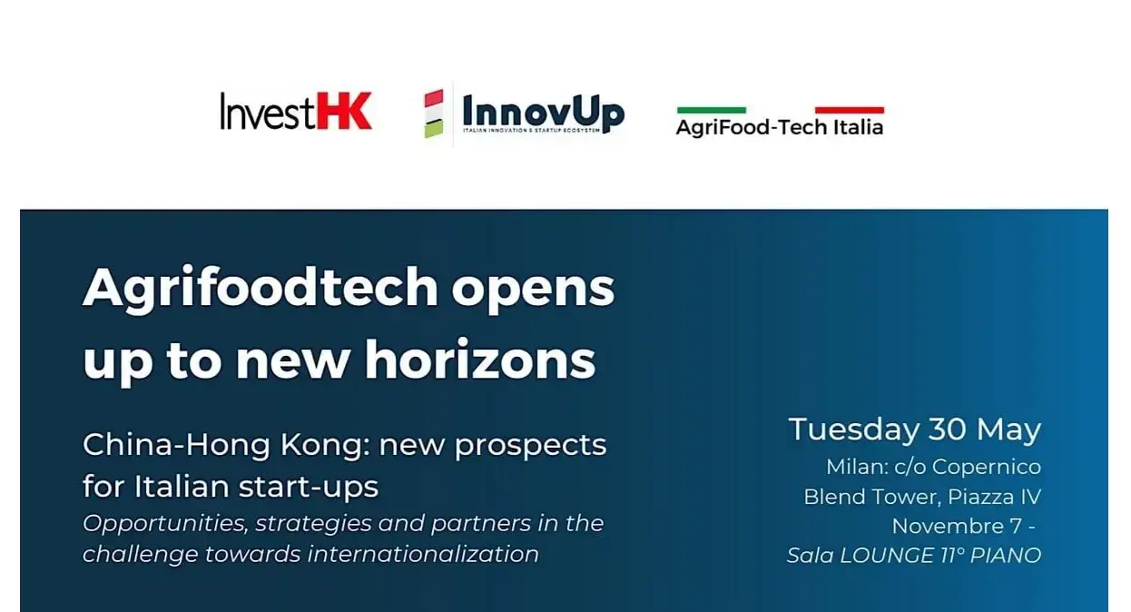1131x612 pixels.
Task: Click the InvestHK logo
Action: click(296, 111)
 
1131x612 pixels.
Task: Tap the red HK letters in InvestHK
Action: click(344, 111)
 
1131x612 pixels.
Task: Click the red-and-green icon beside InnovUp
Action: click(434, 114)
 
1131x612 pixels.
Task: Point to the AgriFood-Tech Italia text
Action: click(779, 127)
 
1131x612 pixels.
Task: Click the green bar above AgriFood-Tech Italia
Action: click(712, 110)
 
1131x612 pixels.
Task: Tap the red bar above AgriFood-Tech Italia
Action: click(849, 110)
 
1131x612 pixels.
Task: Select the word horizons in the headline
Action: click(480, 360)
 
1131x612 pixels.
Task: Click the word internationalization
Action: click(423, 553)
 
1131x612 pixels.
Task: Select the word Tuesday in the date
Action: click(853, 429)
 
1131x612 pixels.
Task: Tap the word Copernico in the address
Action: click(987, 468)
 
